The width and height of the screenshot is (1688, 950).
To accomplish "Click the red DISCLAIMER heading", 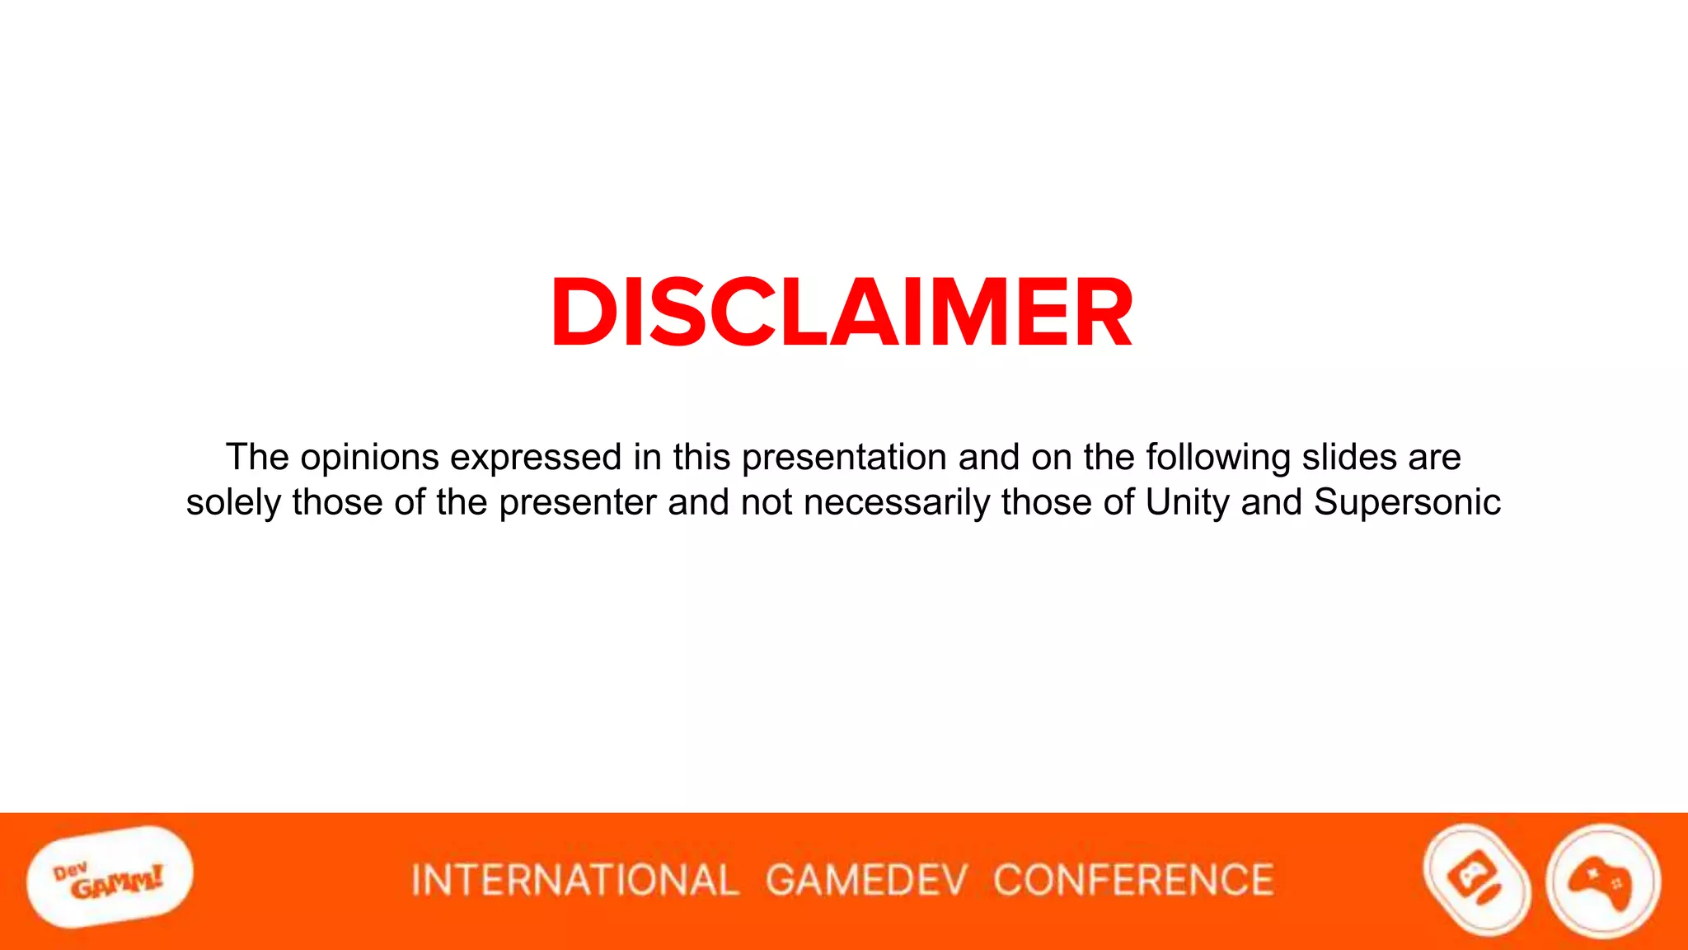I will tap(842, 313).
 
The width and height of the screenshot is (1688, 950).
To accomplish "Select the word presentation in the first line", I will tap(844, 458).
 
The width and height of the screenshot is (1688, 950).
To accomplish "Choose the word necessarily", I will tap(897, 503).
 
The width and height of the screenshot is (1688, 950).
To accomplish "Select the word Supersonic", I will tap(1407, 503).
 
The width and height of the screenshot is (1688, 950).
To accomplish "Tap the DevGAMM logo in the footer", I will tap(110, 877).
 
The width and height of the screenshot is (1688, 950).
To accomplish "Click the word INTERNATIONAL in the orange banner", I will tap(574, 880).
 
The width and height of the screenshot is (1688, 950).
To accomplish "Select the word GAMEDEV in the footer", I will tap(866, 880).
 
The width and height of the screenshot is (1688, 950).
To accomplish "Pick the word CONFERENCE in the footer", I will tap(1133, 880).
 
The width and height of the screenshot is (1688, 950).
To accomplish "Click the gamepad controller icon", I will tap(1602, 881).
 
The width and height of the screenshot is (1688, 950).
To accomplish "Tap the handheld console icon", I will tap(1477, 880).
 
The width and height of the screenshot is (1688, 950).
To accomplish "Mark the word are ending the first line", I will tap(1435, 458).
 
